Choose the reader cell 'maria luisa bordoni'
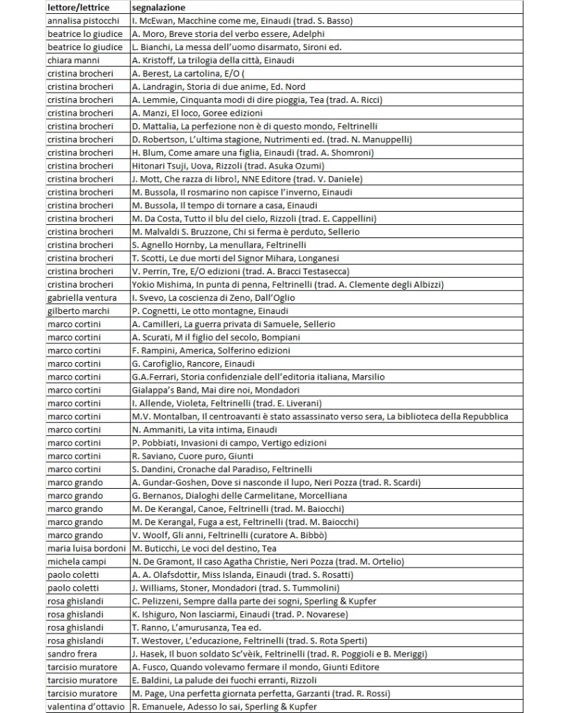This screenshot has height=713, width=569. click(x=84, y=549)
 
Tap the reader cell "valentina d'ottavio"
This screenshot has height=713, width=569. click(x=84, y=707)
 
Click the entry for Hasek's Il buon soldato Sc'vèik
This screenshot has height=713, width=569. click(x=279, y=654)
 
